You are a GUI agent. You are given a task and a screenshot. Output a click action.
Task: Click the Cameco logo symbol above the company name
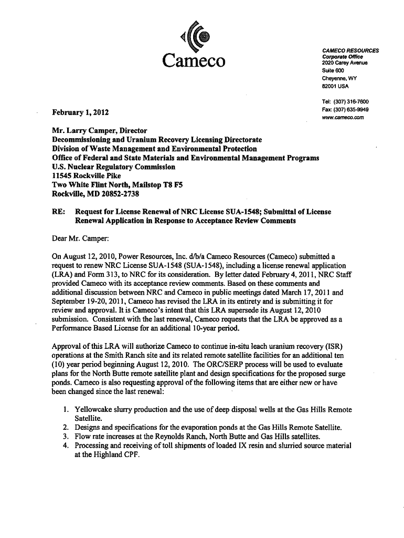pos(194,35)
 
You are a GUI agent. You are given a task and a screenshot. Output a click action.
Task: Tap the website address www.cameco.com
pos(344,117)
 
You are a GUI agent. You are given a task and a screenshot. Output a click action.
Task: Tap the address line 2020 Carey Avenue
pos(345,64)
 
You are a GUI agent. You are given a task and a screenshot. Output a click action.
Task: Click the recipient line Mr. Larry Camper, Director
pos(99,130)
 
